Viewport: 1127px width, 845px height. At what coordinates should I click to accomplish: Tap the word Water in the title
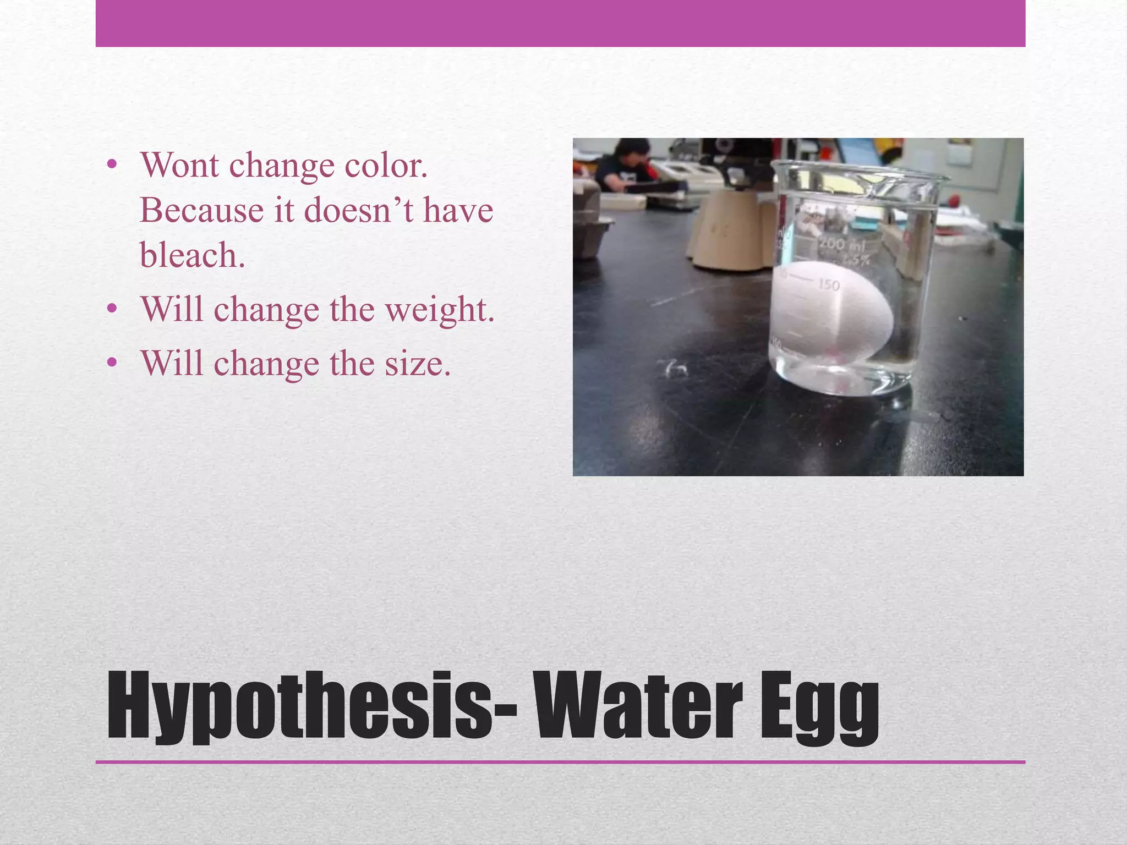pyautogui.click(x=638, y=707)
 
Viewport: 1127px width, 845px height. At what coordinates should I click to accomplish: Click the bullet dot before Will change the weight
pyautogui.click(x=112, y=309)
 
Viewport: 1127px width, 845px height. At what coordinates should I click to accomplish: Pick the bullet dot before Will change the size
pyautogui.click(x=112, y=363)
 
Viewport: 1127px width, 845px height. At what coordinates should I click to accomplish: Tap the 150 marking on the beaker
pyautogui.click(x=829, y=284)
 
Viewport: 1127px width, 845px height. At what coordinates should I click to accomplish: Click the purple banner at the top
pyautogui.click(x=560, y=23)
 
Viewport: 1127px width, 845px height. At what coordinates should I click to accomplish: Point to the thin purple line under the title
pyautogui.click(x=560, y=762)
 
